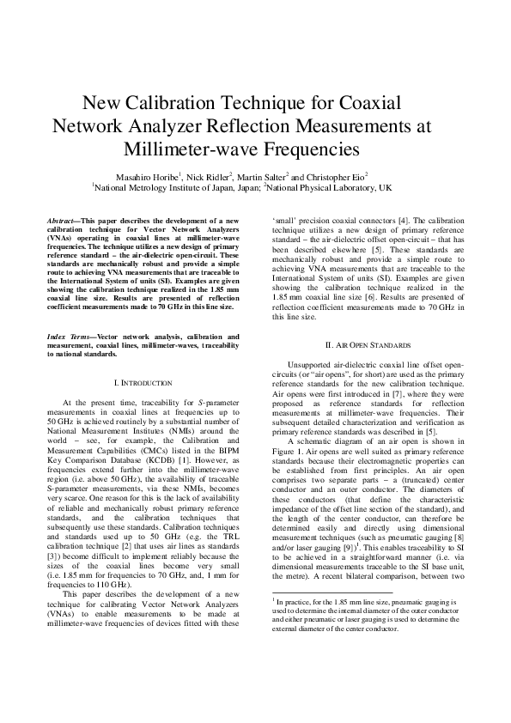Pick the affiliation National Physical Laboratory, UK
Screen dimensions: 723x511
332,186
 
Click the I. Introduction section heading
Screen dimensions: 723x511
143,382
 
